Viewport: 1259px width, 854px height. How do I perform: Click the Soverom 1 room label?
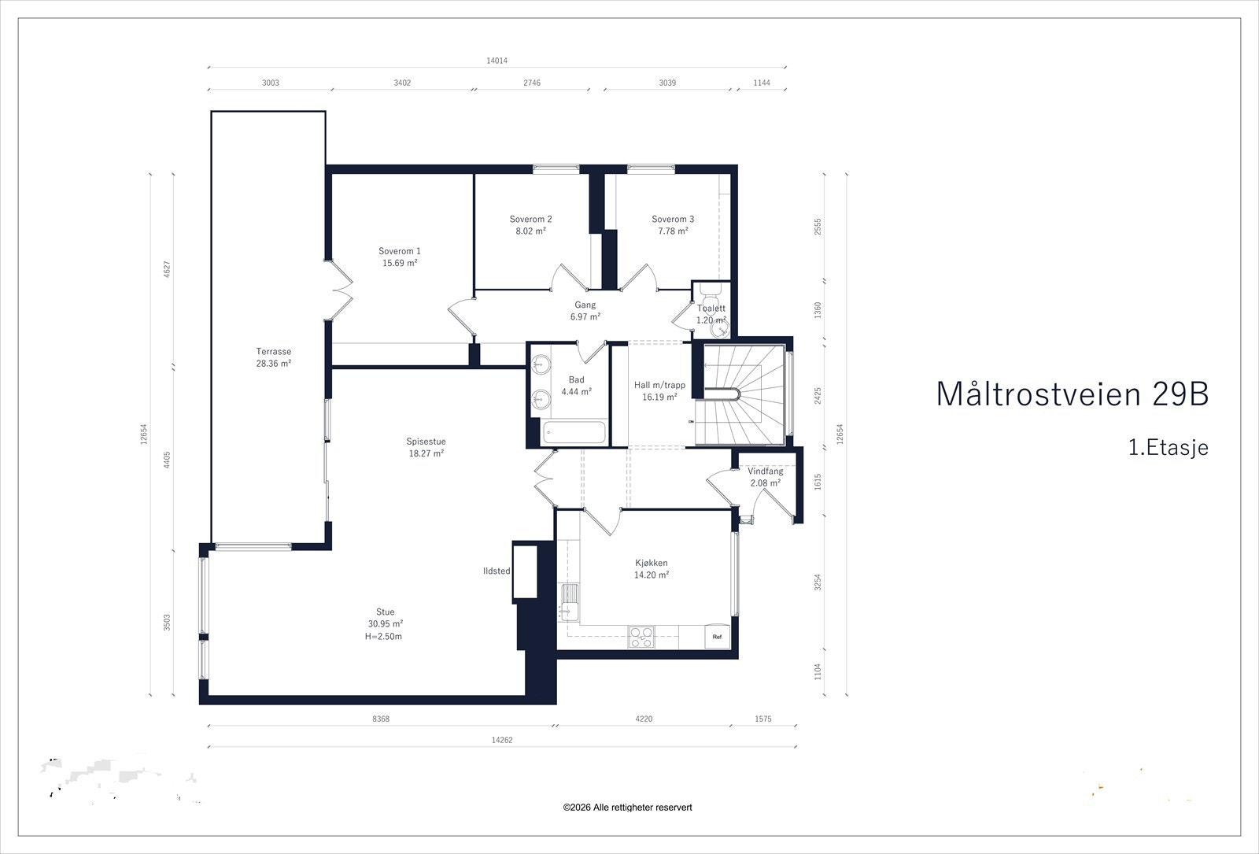pos(400,252)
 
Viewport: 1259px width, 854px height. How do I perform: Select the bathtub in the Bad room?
pos(574,432)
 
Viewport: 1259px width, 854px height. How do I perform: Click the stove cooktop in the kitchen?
pos(641,636)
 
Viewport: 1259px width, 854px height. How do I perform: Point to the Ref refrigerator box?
pos(717,636)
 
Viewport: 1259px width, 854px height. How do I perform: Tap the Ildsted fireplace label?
pos(497,571)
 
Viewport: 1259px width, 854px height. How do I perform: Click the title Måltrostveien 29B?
pos(1072,394)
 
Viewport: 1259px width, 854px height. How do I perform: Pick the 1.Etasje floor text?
pos(1168,448)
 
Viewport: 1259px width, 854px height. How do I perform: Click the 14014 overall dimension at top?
pos(497,61)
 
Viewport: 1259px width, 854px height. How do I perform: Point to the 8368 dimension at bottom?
pos(381,719)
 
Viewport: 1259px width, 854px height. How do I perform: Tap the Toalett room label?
pos(711,309)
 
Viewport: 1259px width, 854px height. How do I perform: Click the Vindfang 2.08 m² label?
pos(765,477)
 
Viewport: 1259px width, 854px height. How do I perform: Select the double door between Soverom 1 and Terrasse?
pos(340,289)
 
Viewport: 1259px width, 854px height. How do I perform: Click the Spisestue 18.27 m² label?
pos(426,447)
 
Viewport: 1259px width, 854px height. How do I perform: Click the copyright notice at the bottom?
pos(627,808)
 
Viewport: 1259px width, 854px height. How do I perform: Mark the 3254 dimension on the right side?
pos(818,582)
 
